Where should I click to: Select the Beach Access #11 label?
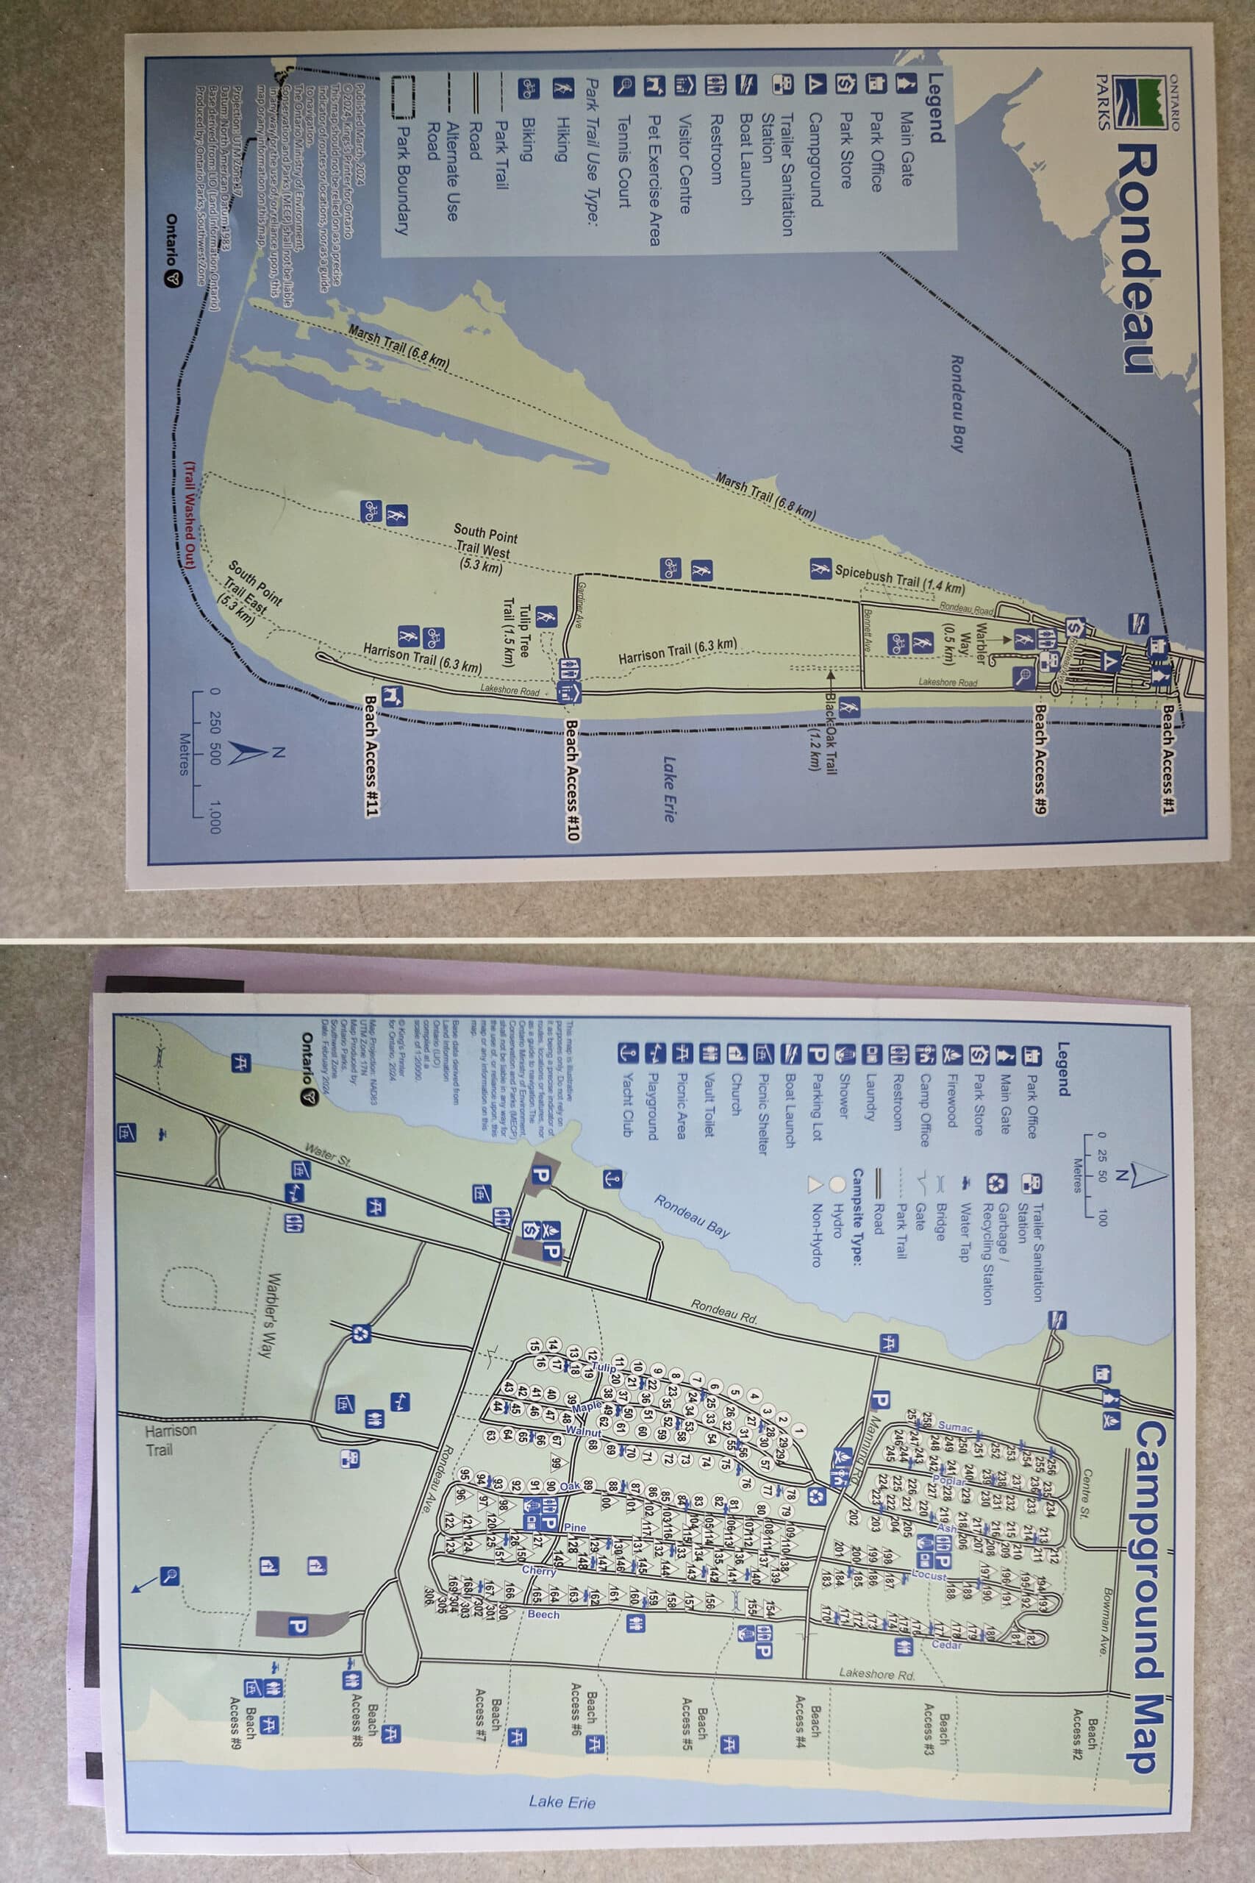pos(371,755)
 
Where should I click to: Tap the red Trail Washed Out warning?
pos(189,514)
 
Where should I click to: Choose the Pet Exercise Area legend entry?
pos(654,180)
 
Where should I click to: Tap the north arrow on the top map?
pos(248,752)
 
